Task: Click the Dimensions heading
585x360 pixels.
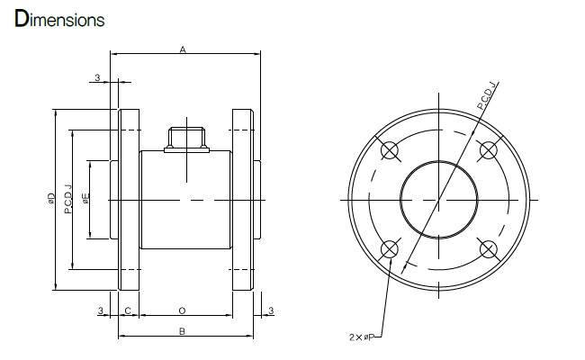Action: (x=59, y=19)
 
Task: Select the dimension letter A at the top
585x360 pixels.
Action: (x=183, y=49)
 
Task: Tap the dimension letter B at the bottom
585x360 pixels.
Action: (x=182, y=331)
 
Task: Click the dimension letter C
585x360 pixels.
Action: (x=128, y=310)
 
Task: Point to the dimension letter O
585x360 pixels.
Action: (x=182, y=310)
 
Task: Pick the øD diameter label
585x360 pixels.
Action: (x=51, y=198)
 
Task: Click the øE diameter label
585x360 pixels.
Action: (x=86, y=198)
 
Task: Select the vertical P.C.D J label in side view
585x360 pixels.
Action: (x=67, y=199)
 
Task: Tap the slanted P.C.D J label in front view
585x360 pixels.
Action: (x=488, y=95)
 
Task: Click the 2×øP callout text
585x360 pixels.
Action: (x=361, y=337)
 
